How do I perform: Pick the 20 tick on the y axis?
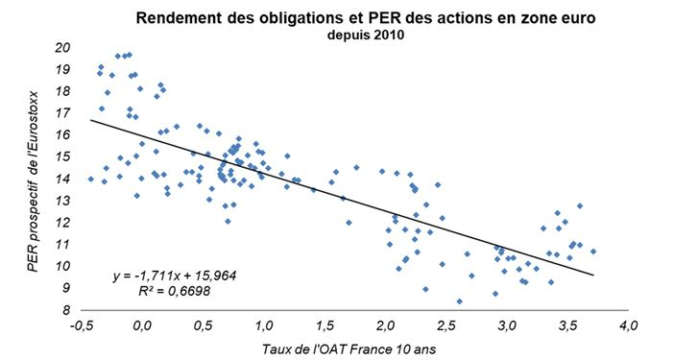64,47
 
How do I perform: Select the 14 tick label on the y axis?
64,179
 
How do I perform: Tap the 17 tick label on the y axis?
64,112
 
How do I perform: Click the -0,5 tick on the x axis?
83,326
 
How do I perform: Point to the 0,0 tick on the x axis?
144,326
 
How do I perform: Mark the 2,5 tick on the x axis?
447,326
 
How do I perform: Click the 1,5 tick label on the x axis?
326,326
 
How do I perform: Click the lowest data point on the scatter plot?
459,301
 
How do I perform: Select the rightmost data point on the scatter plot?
593,252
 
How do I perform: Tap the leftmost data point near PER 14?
91,179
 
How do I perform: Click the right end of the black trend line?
593,276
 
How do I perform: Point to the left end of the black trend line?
91,120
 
